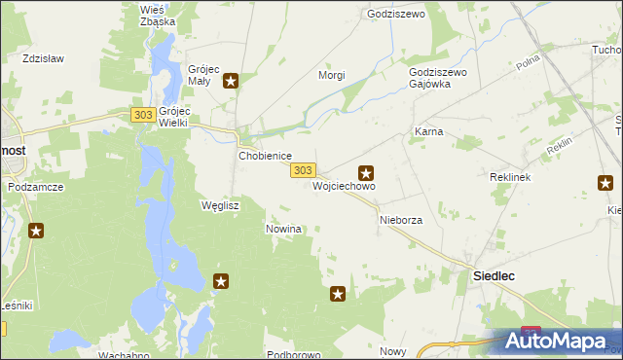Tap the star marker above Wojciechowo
coord(366,172)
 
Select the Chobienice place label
coord(266,156)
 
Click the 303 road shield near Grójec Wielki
coord(143,116)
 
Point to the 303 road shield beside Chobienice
coord(302,170)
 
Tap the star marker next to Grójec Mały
coord(231,81)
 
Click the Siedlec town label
coord(494,276)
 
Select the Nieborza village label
coord(400,221)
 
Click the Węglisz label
coord(219,206)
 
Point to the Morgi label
coord(333,75)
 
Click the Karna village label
coord(428,131)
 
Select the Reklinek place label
coord(508,179)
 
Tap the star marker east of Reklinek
coord(605,182)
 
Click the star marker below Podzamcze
coord(36,231)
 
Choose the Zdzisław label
coord(43,58)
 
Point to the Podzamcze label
coord(35,186)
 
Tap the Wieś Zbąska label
coord(158,15)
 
